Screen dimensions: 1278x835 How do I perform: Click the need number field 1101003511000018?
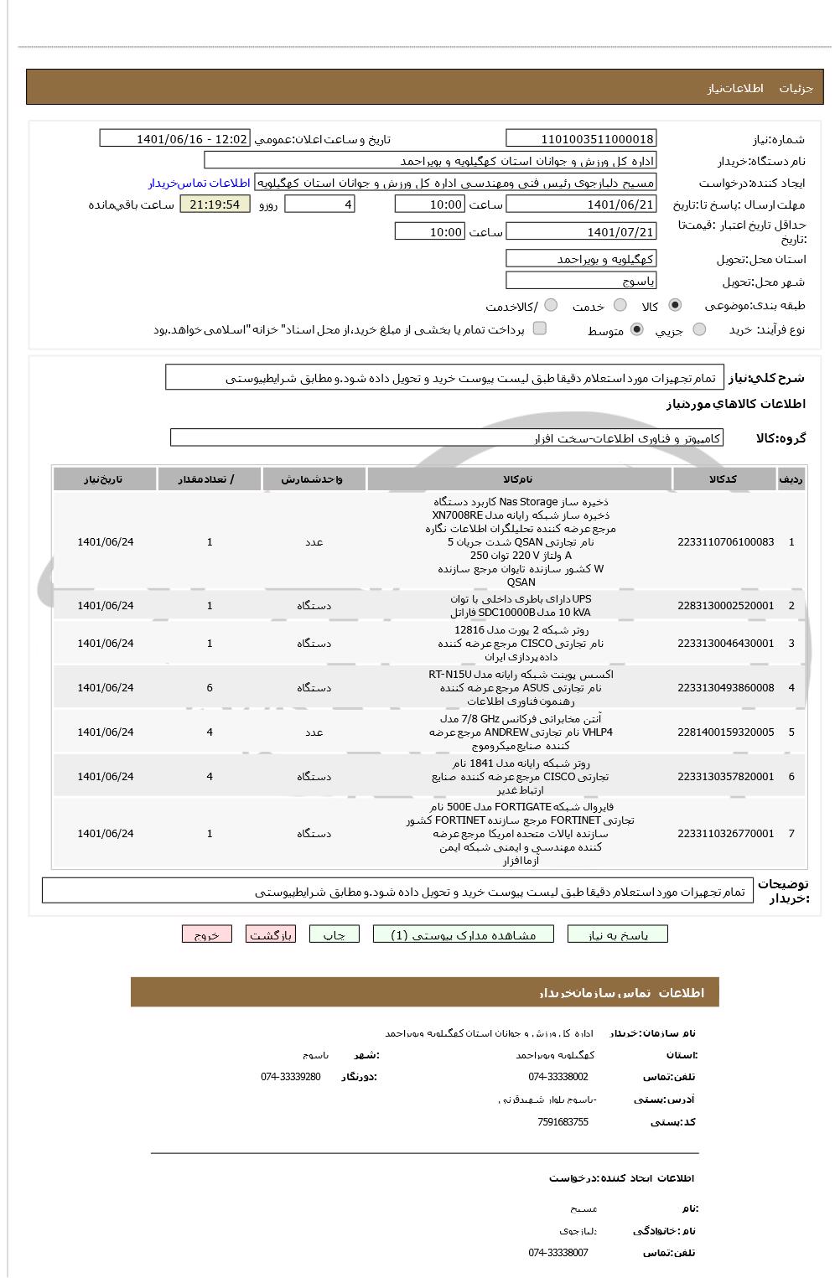(581, 138)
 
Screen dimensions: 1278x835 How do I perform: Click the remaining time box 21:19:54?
(215, 204)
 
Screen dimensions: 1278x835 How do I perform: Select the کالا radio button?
(675, 305)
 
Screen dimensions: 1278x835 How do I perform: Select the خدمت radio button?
(620, 305)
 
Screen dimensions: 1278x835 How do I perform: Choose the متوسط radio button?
(637, 329)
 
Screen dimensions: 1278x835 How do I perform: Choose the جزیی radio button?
(699, 329)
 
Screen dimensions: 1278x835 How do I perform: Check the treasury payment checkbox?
(540, 329)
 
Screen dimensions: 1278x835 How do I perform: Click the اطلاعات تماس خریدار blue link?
(200, 183)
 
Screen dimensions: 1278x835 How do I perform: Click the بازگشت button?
(271, 934)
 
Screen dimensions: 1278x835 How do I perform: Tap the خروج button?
(206, 934)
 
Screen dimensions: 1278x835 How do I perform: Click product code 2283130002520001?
(725, 605)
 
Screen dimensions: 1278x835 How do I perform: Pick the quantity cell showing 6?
(210, 687)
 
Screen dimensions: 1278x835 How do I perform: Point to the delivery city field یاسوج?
(581, 282)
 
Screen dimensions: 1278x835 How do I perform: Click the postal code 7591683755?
(563, 1121)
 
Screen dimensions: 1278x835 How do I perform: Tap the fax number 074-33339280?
(290, 1076)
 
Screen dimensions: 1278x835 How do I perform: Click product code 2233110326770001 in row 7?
(725, 833)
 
